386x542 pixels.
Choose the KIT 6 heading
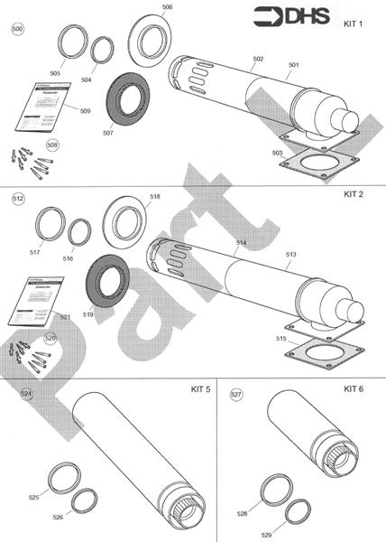pyautogui.click(x=354, y=388)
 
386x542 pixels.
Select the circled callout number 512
pyautogui.click(x=18, y=197)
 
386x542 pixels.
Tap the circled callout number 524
pyautogui.click(x=27, y=394)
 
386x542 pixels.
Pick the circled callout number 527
pyautogui.click(x=236, y=395)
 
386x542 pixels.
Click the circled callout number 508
pyautogui.click(x=52, y=145)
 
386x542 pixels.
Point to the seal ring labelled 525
pyautogui.click(x=61, y=478)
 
